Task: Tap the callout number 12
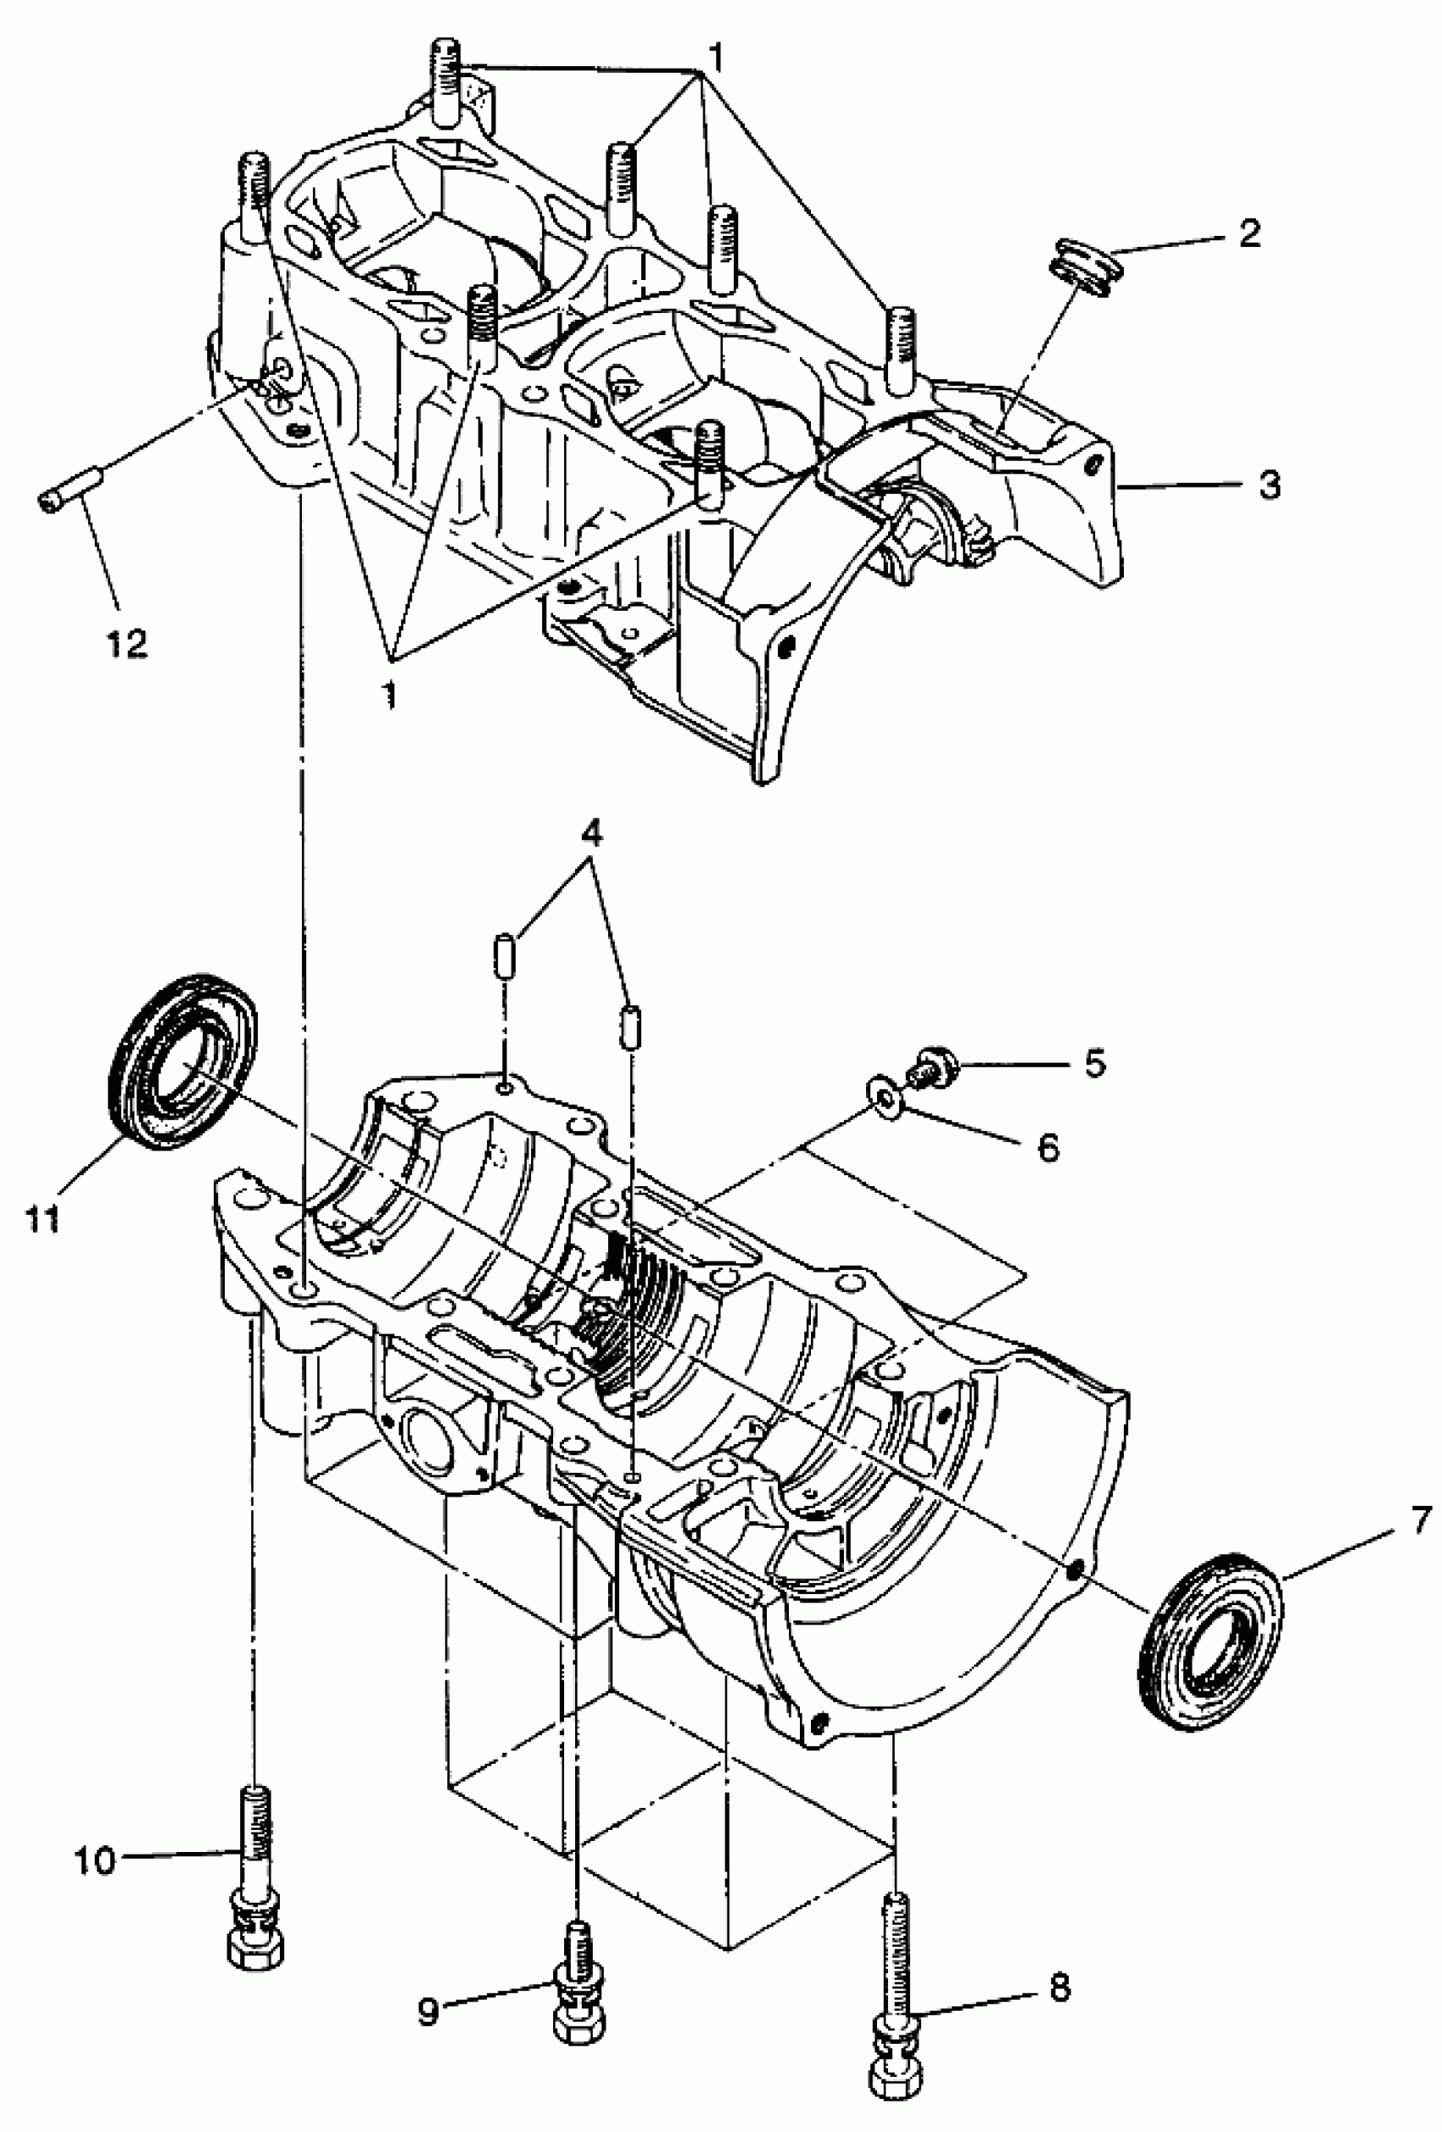126,643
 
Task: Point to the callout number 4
593,834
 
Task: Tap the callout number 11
42,1220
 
